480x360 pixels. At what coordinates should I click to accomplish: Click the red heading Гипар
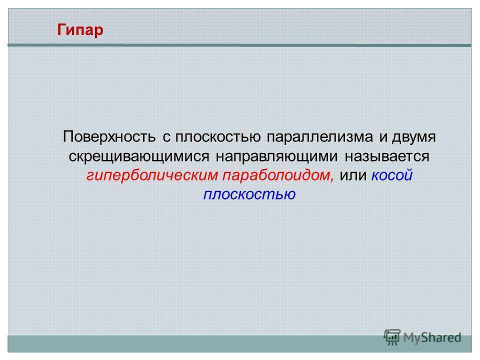(80, 30)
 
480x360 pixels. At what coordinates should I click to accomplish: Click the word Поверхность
(109, 136)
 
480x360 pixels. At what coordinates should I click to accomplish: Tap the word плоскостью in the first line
(217, 137)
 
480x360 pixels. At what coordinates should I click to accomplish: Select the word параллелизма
(320, 137)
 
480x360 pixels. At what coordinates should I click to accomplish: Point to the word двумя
(414, 137)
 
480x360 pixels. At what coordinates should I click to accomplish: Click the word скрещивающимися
(139, 156)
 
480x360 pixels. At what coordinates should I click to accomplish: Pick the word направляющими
(276, 156)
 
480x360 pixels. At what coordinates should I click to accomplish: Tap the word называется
(387, 156)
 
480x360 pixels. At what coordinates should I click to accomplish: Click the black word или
(353, 175)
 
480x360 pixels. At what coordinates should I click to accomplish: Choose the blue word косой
(392, 175)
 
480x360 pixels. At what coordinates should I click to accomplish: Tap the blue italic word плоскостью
(249, 194)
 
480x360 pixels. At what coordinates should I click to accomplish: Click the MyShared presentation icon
(392, 337)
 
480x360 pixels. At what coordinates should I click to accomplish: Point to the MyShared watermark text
(432, 337)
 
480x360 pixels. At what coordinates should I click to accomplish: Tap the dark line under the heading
(239, 45)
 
